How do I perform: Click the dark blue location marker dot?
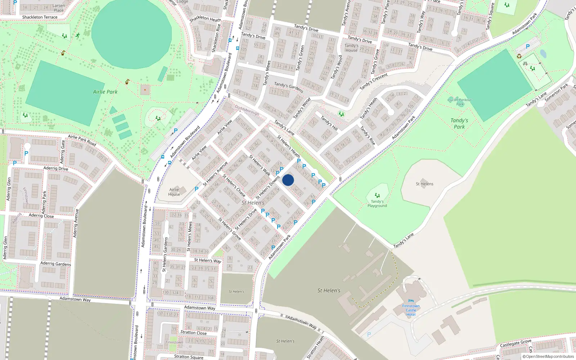(288, 180)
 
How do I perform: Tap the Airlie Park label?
(105, 92)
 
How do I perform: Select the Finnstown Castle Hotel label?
(411, 310)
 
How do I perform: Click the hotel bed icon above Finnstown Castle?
(411, 301)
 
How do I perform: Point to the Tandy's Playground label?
(377, 204)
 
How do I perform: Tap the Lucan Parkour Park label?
(460, 102)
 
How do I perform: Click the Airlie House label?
(174, 192)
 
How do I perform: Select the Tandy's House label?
(351, 48)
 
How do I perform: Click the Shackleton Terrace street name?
(40, 17)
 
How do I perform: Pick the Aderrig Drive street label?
(56, 168)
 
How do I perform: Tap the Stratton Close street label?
(194, 333)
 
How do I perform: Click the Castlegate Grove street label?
(516, 343)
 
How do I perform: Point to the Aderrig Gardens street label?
(56, 264)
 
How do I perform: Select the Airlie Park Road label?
(82, 140)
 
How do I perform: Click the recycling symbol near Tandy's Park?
(519, 56)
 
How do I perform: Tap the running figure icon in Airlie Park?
(78, 35)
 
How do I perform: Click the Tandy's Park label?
(459, 123)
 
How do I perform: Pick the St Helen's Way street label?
(208, 260)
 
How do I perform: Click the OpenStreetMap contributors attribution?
(548, 357)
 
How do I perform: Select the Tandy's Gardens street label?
(289, 87)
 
